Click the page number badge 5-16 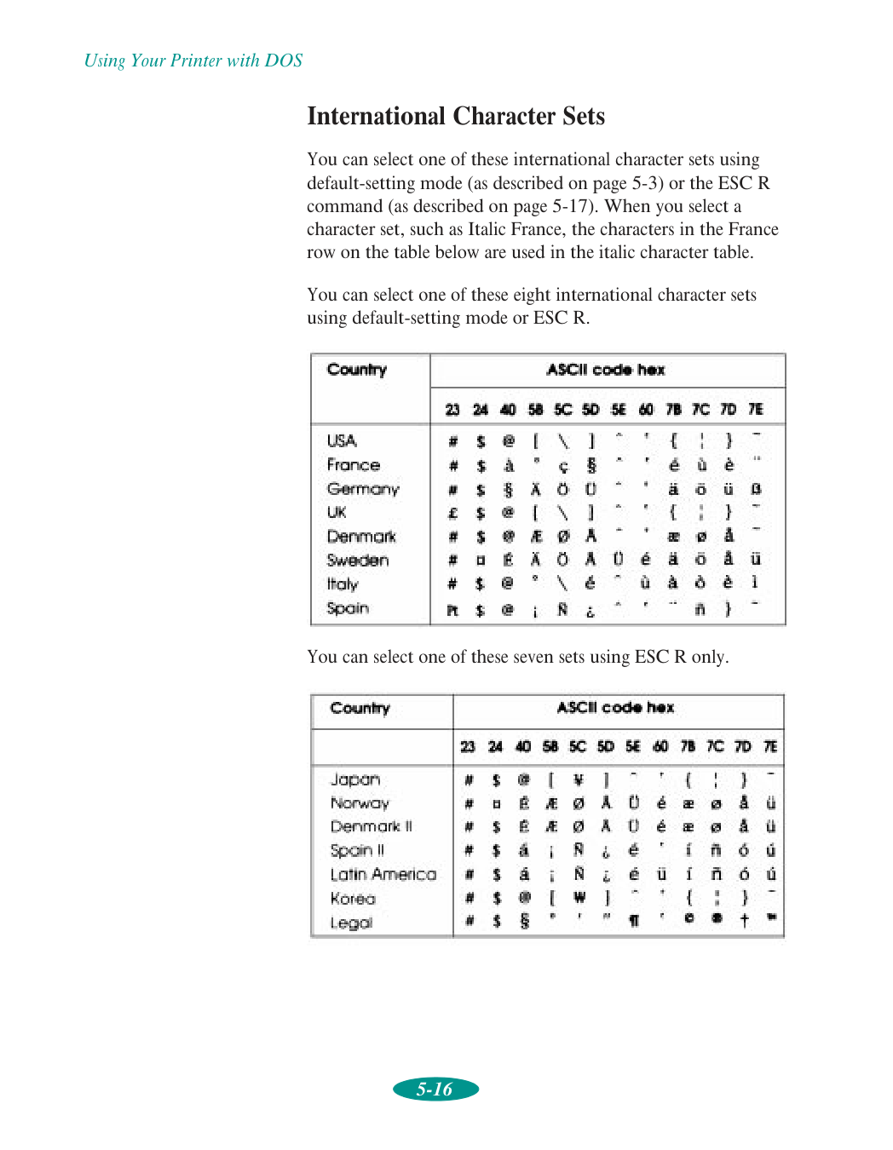coord(435,1089)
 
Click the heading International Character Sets coord(456,116)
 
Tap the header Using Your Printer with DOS coord(193,60)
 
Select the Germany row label coord(363,489)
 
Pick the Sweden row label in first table coord(358,561)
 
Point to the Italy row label coord(343,584)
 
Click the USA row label coord(342,440)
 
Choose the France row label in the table coord(354,465)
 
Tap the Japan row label coord(355,779)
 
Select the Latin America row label coord(383,875)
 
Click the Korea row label coord(353,899)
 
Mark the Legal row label coord(352,923)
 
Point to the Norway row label coord(360,803)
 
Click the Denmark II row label coord(372,827)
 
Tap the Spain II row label coord(357,851)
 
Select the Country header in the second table coord(360,709)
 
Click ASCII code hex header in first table coord(606,370)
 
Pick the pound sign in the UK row coord(453,513)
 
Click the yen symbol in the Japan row coord(579,779)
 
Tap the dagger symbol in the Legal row coord(744,920)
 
